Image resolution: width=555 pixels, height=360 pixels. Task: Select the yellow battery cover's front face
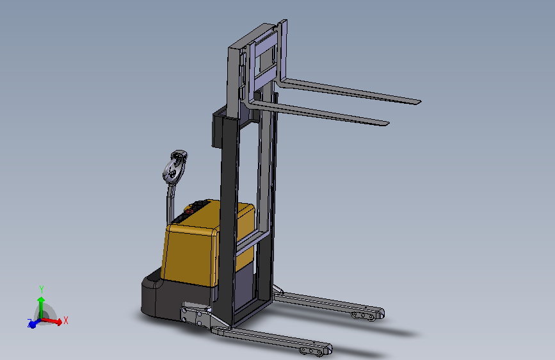189,254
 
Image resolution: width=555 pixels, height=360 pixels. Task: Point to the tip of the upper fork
419,102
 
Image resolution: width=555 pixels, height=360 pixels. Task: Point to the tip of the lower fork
387,124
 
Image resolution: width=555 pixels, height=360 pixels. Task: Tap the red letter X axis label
65,321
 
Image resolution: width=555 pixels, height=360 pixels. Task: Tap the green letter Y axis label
42,289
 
